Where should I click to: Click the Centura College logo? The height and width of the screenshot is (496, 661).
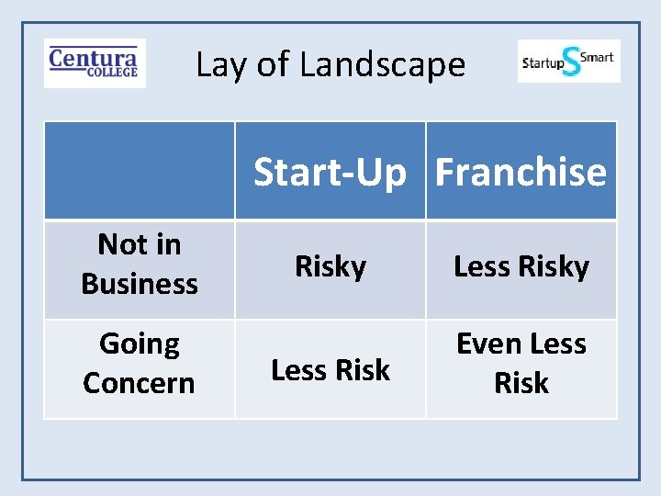pyautogui.click(x=95, y=62)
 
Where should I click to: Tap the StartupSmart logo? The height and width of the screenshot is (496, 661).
pyautogui.click(x=568, y=62)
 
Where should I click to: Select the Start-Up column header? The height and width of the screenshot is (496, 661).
pyautogui.click(x=330, y=172)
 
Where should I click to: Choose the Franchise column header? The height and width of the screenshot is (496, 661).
pyautogui.click(x=521, y=172)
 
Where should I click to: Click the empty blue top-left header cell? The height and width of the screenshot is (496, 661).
pyautogui.click(x=140, y=171)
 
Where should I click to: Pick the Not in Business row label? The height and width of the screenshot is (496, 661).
pyautogui.click(x=140, y=265)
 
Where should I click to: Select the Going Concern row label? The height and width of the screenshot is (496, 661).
pyautogui.click(x=140, y=363)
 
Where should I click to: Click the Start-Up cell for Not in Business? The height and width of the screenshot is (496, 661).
pyautogui.click(x=330, y=266)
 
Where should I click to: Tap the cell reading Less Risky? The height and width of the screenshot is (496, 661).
pyautogui.click(x=521, y=266)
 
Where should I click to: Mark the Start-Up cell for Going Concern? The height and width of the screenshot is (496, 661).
pyautogui.click(x=330, y=369)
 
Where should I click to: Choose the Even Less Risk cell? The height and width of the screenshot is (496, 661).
pyautogui.click(x=521, y=363)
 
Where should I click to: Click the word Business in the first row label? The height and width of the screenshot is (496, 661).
pyautogui.click(x=140, y=284)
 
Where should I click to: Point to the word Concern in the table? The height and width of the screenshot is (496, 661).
pyautogui.click(x=140, y=382)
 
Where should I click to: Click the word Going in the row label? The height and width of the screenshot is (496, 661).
pyautogui.click(x=140, y=344)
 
